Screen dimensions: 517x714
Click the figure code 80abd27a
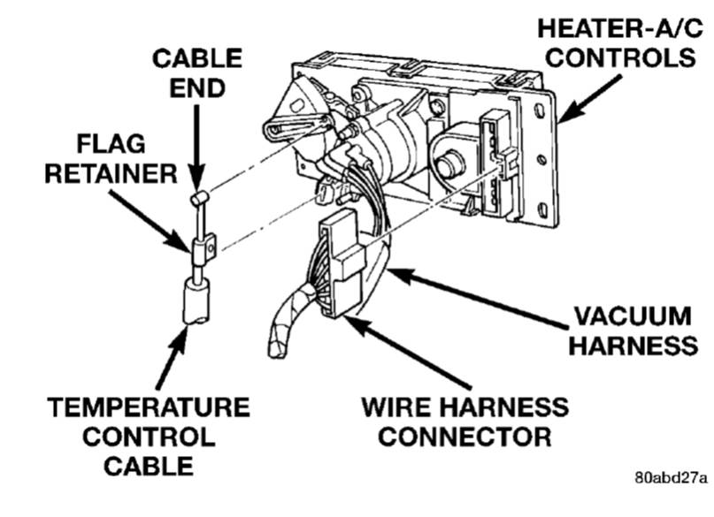coord(672,478)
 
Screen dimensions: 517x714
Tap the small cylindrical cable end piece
coord(200,196)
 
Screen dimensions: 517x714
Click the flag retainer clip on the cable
coord(203,250)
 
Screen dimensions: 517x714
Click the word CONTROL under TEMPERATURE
coord(148,437)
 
